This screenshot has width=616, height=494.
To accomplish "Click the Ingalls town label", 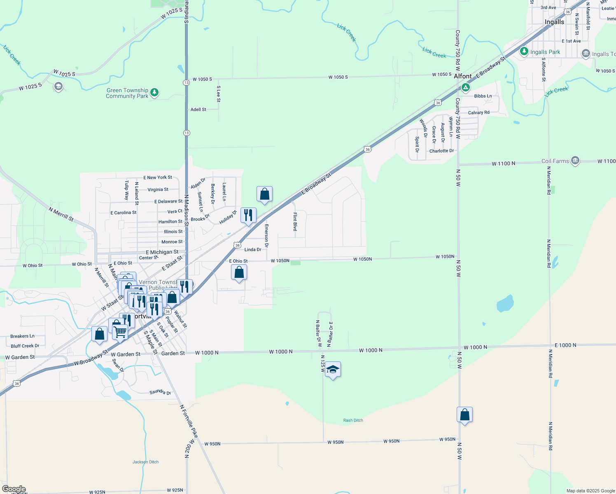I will pos(554,22).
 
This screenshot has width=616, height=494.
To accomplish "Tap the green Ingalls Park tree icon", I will pos(524,51).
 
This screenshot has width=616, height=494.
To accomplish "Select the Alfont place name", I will pos(462,76).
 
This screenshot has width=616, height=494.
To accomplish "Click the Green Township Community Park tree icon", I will pos(154,92).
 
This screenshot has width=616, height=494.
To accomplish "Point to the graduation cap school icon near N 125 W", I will pos(333,370).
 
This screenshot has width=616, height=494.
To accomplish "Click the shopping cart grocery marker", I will pos(120,331).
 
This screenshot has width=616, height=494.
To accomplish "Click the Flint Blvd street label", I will pos(295,222).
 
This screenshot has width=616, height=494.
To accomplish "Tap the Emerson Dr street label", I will pos(266,236).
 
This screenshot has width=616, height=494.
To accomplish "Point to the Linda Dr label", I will pos(253,249).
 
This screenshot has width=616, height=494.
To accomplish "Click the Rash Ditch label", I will pos(353,420).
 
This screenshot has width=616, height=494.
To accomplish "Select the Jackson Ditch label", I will pos(145,462).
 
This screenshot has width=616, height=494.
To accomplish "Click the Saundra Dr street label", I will pos(160,392).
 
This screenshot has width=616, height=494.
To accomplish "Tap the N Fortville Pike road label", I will pos(189,421).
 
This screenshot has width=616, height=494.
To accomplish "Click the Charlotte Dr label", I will pos(441,151).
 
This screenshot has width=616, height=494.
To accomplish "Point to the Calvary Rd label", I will pos(478,112).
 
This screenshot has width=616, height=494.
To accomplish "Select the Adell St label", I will pos(198,110).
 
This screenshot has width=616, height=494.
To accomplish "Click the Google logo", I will pos(14,489).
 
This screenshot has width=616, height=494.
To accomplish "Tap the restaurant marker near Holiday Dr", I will pos(248,215).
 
